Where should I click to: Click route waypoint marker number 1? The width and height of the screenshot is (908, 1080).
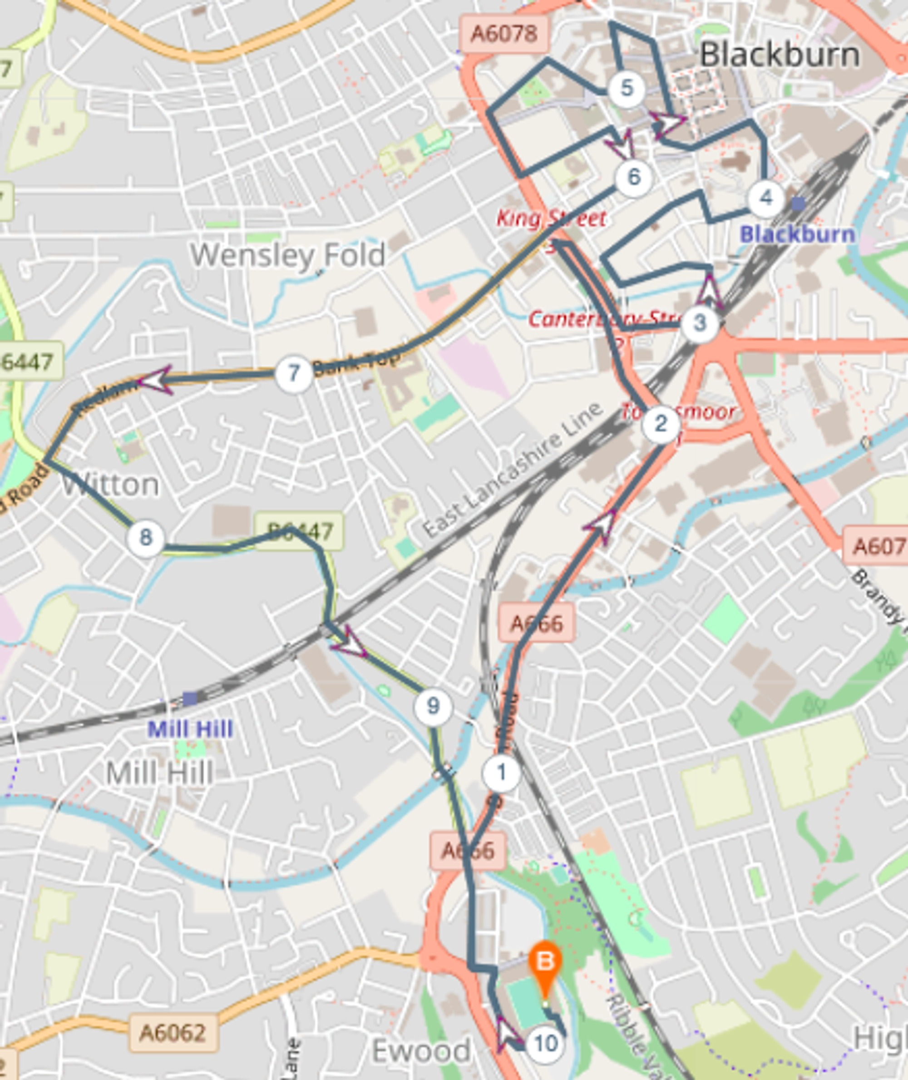501,773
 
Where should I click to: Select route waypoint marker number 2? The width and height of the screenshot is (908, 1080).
661,424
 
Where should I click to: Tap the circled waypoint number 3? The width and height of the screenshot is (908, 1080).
700,323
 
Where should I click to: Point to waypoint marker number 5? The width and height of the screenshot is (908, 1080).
627,89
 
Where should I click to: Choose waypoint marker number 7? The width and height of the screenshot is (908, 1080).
293,373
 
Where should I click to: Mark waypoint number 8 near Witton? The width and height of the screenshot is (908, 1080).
146,538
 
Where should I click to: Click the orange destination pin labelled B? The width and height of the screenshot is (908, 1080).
545,961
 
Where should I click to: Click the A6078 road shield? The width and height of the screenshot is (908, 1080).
504,34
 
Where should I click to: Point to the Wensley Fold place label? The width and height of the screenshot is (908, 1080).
288,255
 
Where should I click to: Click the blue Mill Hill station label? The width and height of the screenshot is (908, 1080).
190,729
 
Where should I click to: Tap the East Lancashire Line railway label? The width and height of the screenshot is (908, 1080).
512,469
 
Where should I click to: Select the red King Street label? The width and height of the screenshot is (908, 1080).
551,219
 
